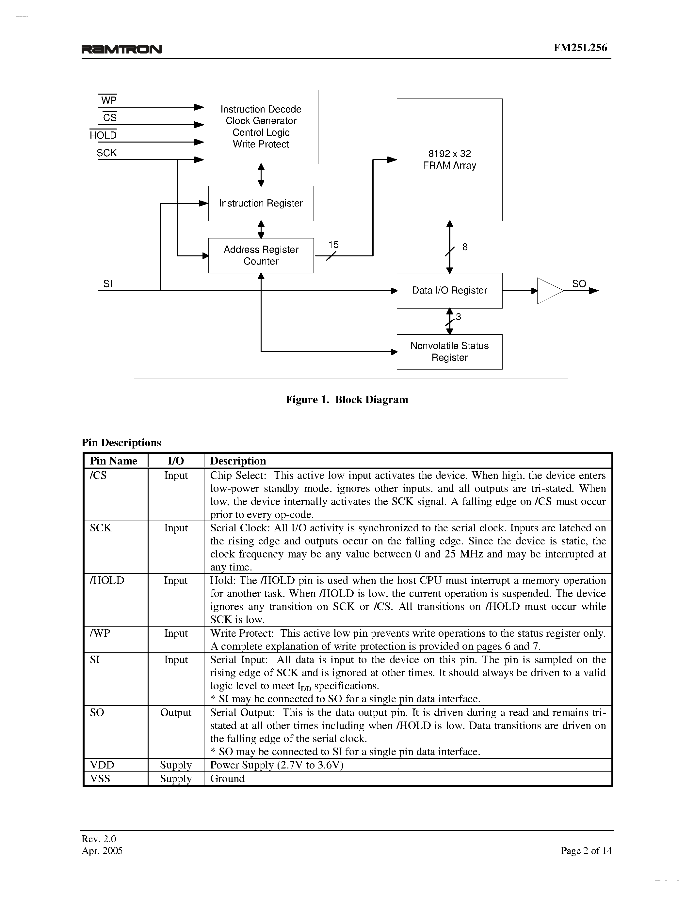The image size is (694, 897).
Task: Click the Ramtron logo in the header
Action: point(122,49)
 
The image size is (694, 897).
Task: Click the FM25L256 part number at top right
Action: point(580,48)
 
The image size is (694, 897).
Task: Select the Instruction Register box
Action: point(261,203)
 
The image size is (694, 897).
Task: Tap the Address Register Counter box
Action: point(261,255)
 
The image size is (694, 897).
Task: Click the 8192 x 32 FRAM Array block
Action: point(449,160)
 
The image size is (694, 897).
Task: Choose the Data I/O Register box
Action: point(449,290)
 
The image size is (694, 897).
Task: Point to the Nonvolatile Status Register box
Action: point(449,352)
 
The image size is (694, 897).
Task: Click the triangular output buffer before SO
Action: point(549,291)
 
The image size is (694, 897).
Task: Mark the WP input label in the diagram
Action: point(108,100)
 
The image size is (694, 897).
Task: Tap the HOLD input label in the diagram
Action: point(103,135)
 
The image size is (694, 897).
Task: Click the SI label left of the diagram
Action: point(108,283)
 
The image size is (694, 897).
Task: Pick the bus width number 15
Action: point(333,245)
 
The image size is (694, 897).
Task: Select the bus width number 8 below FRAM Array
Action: point(465,247)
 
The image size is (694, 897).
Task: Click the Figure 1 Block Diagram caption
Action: point(347,400)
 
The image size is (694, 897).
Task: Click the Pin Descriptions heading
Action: point(121,442)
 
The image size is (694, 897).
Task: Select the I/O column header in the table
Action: point(176,461)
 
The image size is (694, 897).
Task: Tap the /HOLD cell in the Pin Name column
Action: point(107,580)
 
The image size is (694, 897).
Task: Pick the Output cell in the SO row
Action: point(176,712)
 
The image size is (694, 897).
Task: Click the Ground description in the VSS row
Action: point(227,778)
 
